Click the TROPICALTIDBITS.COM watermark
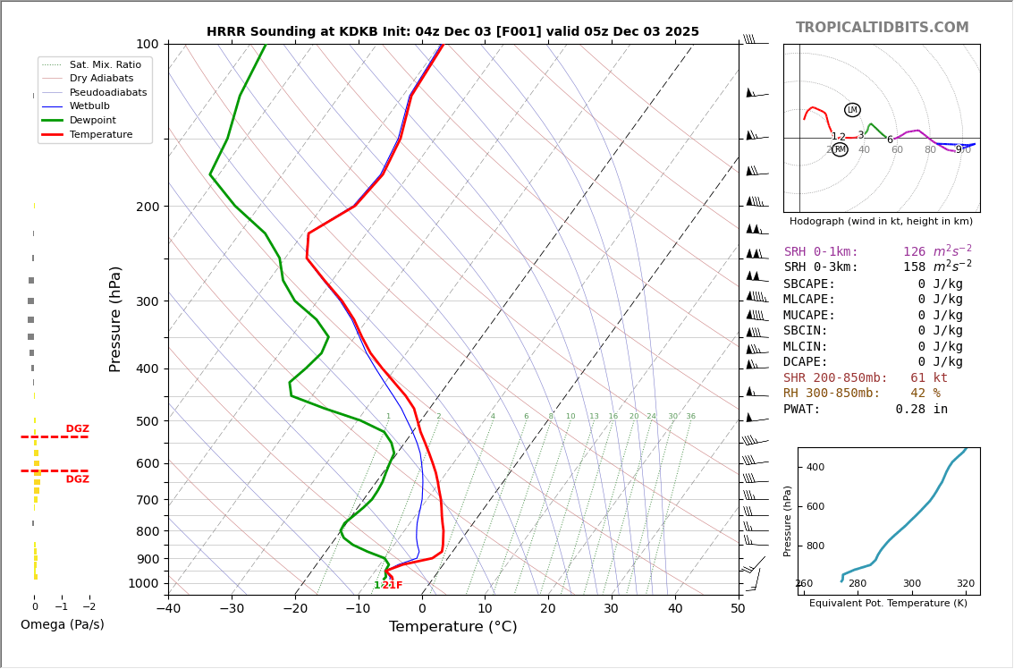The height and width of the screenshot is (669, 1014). tap(882, 28)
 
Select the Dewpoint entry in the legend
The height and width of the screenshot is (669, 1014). tap(93, 121)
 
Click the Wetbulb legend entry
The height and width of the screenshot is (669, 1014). tap(89, 106)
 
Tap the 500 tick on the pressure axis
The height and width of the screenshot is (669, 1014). tap(147, 421)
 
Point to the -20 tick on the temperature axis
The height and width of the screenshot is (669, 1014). tap(295, 609)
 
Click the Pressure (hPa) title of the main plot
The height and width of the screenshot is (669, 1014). tap(115, 318)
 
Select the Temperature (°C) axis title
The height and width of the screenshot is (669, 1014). tap(452, 627)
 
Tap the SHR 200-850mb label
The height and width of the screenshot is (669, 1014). tap(835, 378)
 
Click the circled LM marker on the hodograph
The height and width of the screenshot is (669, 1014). tap(852, 110)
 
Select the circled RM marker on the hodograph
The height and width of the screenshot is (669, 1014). tap(840, 149)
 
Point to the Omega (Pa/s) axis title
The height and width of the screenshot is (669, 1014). tap(62, 624)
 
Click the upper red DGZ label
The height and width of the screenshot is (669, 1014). tap(77, 429)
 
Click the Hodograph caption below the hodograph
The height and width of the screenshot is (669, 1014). tap(881, 221)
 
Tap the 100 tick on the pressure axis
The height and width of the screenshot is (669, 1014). tap(147, 44)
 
